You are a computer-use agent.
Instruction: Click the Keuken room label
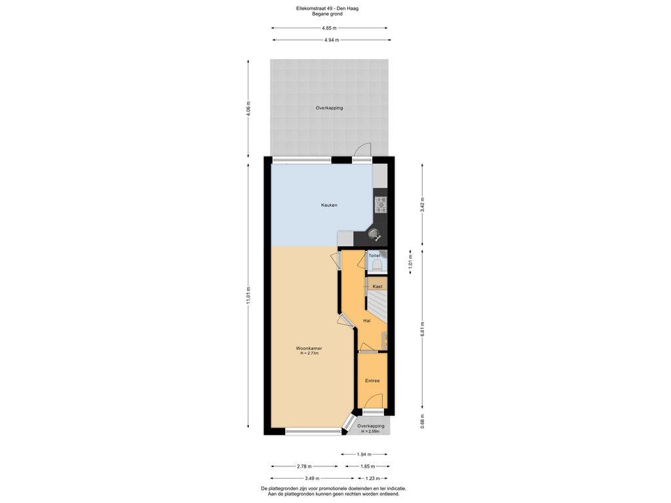pyautogui.click(x=329, y=205)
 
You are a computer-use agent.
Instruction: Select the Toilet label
pyautogui.click(x=374, y=255)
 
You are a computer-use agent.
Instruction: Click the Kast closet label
pyautogui.click(x=377, y=287)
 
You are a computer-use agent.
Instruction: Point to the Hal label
pyautogui.click(x=367, y=321)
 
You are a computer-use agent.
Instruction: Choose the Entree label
pyautogui.click(x=372, y=381)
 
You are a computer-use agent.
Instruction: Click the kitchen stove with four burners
pyautogui.click(x=380, y=205)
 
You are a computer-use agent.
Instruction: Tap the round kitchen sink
pyautogui.click(x=374, y=233)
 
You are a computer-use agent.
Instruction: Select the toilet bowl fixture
pyautogui.click(x=377, y=265)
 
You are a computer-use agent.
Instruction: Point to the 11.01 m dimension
pyautogui.click(x=248, y=295)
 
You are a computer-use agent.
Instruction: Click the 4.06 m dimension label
pyautogui.click(x=248, y=107)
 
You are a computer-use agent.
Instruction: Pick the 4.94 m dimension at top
pyautogui.click(x=332, y=40)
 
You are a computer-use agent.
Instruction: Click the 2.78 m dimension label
pyautogui.click(x=304, y=466)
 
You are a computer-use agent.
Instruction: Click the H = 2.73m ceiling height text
pyautogui.click(x=309, y=354)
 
